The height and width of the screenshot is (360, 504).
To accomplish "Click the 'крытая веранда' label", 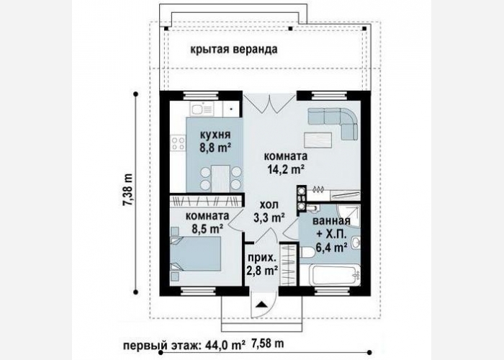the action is click(x=234, y=50).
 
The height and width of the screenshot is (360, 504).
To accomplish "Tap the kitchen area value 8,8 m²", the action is click(x=215, y=148).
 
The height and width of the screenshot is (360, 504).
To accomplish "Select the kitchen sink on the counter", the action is click(x=202, y=109).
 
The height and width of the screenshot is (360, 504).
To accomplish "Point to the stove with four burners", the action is click(x=178, y=144).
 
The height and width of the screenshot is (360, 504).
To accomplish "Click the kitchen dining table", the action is click(x=221, y=179).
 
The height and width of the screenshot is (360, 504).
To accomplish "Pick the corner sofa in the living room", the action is click(x=334, y=122).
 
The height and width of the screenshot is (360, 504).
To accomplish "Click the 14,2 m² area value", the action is click(x=286, y=169).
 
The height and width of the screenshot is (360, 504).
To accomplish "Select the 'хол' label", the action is click(x=269, y=204).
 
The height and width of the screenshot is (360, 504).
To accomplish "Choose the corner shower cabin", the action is click(x=348, y=216).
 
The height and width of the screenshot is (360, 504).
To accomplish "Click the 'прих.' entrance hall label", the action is click(x=262, y=258).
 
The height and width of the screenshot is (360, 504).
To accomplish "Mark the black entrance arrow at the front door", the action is click(x=262, y=304).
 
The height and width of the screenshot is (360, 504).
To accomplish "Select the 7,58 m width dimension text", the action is click(x=268, y=343).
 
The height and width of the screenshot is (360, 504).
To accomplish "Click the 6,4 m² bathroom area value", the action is click(x=331, y=248).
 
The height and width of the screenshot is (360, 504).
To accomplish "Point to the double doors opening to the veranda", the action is click(x=269, y=104).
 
